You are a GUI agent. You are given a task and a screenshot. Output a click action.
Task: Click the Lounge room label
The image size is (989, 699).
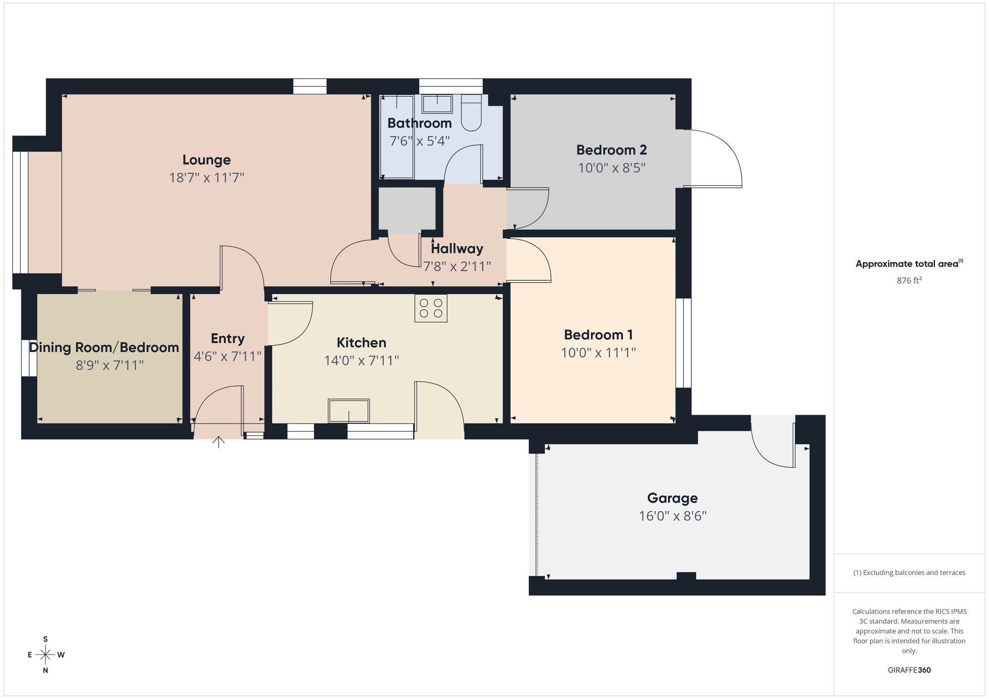tap(206, 160)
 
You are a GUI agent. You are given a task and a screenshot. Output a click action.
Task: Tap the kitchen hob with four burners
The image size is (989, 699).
tap(431, 308)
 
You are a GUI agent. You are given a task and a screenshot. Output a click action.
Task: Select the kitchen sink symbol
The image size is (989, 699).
tap(349, 411)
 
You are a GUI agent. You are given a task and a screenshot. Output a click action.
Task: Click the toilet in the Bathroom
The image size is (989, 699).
tap(471, 114)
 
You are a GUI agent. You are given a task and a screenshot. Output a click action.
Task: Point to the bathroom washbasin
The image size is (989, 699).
tap(437, 104)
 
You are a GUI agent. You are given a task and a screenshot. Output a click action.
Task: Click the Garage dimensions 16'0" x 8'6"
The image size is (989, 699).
tap(673, 516)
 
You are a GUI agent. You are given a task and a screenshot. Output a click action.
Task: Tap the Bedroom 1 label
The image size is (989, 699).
tap(598, 335)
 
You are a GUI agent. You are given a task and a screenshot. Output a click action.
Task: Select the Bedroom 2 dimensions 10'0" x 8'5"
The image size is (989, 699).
tap(612, 168)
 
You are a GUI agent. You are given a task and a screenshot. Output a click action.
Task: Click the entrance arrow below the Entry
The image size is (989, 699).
tap(219, 441)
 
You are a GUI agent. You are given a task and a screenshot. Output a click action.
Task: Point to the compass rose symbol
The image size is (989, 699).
tap(45, 655)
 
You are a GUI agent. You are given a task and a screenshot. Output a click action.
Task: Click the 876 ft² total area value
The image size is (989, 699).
tap(909, 280)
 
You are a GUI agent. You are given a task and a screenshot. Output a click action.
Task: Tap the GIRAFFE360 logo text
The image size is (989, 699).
tap(909, 670)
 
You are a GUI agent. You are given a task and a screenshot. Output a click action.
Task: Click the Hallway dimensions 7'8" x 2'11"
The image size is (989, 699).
tap(456, 266)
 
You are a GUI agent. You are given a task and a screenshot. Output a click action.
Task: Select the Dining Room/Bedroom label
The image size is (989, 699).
tap(104, 348)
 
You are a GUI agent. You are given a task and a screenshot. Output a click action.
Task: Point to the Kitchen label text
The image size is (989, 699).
tap(361, 343)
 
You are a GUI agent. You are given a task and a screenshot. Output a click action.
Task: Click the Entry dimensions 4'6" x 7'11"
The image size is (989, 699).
tap(227, 356)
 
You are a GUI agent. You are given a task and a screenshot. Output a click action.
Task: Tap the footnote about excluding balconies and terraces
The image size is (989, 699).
tap(909, 572)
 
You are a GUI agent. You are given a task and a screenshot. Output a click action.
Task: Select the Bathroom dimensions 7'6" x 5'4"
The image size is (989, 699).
tap(419, 141)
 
